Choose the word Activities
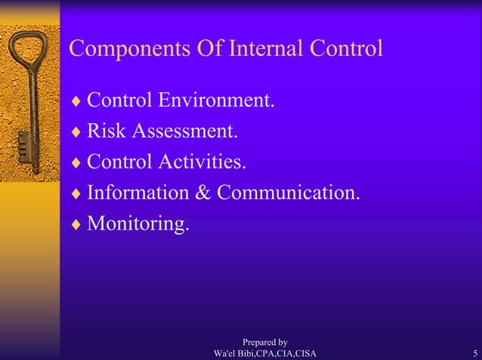202,162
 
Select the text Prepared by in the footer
264,343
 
